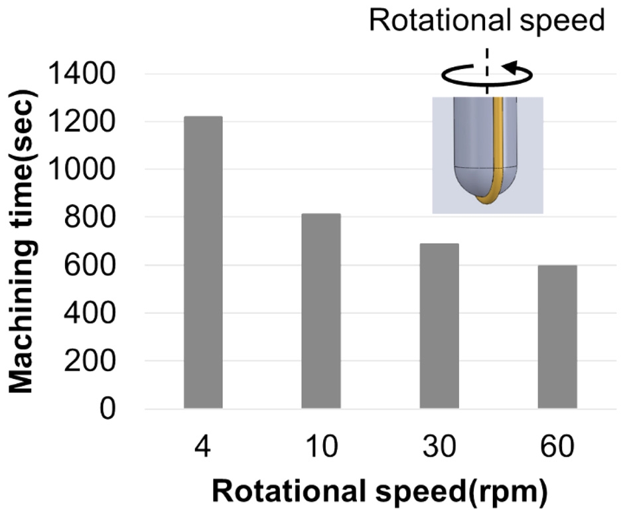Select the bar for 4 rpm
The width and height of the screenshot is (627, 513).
pos(203,263)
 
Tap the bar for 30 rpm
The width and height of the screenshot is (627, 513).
pos(439,326)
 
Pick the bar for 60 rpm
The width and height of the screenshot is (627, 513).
pos(557,337)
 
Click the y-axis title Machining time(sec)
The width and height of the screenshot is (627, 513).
pos(25,242)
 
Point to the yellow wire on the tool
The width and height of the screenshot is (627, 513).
pos(496,153)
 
